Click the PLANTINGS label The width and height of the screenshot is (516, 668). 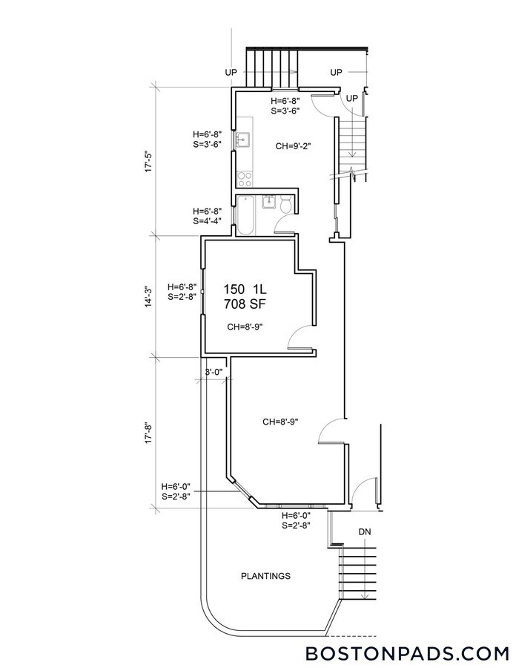[265, 576]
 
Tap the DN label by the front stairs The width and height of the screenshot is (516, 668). [365, 532]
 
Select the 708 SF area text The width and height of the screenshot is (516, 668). [245, 304]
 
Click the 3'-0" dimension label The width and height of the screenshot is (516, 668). [214, 372]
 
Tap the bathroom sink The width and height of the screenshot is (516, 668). [270, 201]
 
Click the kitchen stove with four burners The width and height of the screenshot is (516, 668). [244, 179]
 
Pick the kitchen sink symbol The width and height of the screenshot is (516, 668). [243, 140]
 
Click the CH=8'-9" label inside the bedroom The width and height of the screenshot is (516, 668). [245, 326]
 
